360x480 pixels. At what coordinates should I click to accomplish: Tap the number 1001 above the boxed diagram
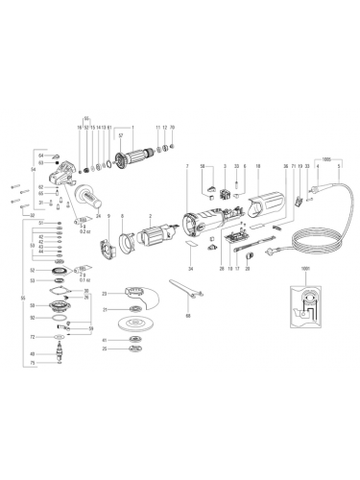pyautogui.click(x=305, y=269)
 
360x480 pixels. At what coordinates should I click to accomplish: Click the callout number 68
pyautogui.click(x=188, y=314)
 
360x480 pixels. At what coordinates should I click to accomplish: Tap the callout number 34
pyautogui.click(x=190, y=270)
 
